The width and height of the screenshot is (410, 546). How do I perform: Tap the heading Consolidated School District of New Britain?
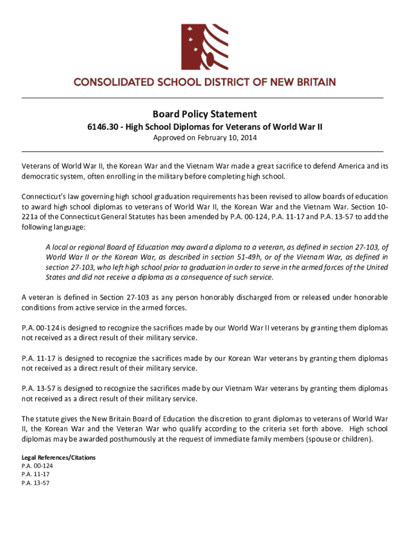tap(204, 83)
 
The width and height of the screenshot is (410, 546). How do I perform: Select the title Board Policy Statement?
tap(204, 114)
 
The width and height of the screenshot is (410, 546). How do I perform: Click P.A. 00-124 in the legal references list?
tap(37, 465)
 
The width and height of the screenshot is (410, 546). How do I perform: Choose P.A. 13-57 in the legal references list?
tap(35, 483)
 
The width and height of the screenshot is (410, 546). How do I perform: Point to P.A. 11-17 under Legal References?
tap(35, 474)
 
